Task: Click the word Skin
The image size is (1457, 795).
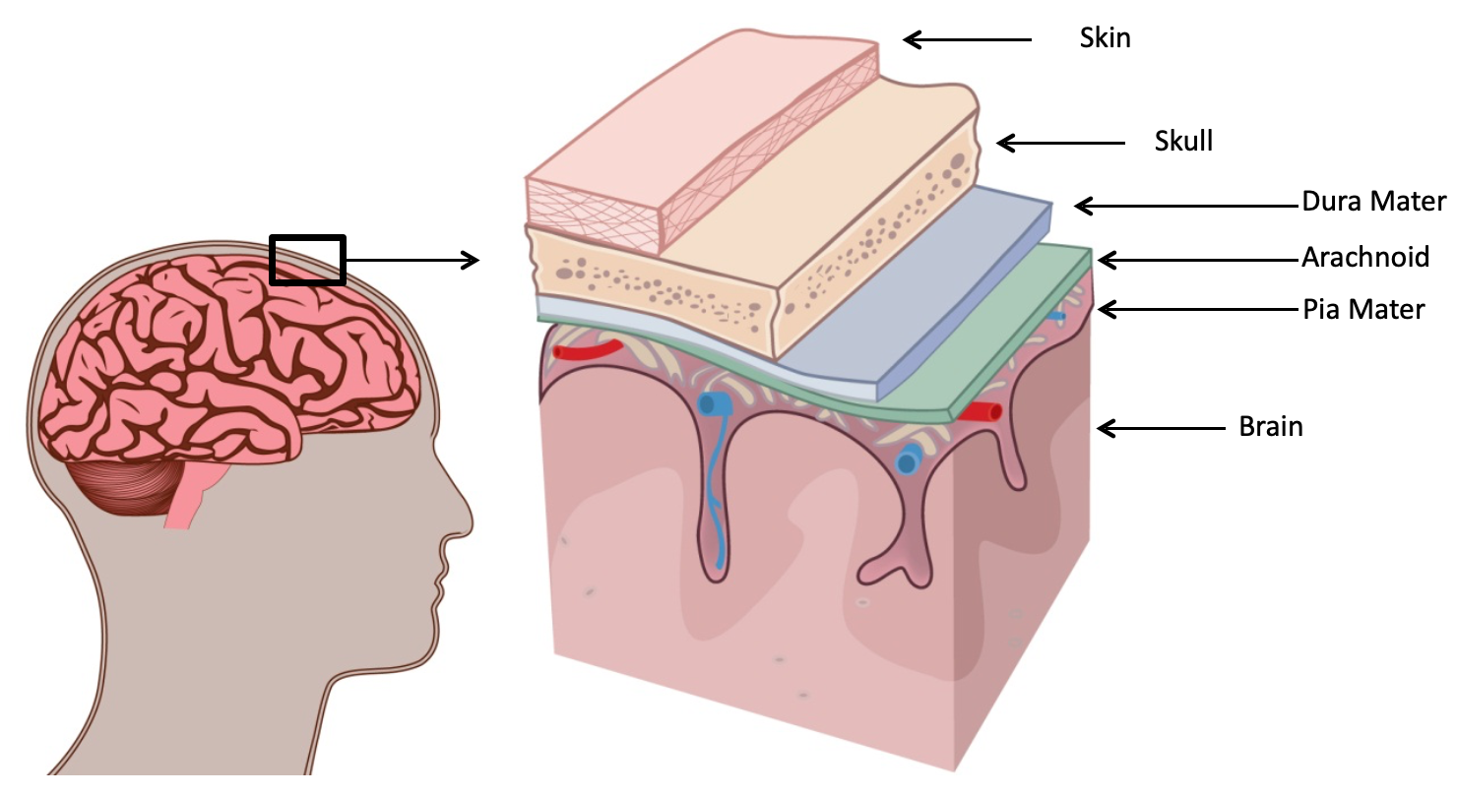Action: point(1106,39)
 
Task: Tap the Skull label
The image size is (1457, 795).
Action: point(1183,142)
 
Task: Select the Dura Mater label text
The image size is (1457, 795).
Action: point(1373,203)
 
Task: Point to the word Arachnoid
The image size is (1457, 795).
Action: point(1364,258)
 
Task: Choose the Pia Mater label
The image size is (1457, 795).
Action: point(1362,310)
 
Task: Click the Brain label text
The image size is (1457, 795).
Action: point(1270,427)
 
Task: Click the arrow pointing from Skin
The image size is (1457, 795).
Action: point(968,39)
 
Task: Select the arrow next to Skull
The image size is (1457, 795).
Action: point(1060,143)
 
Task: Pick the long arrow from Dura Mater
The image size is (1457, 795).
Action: point(1186,206)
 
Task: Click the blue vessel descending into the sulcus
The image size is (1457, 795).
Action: point(716,492)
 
